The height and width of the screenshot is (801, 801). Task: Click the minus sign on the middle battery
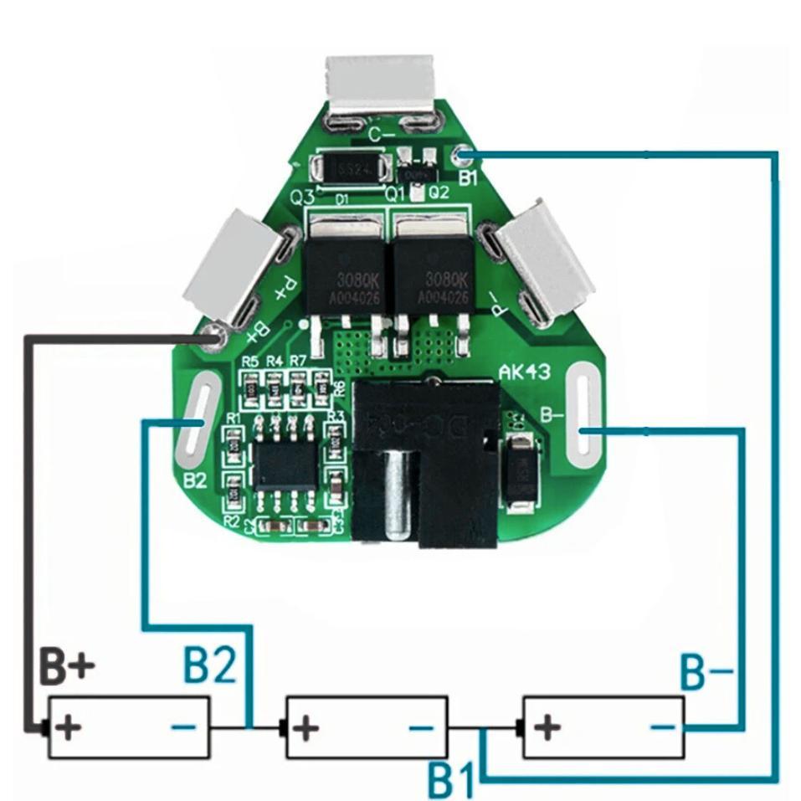coord(423,727)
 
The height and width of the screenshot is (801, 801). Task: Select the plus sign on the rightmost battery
coord(546,727)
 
